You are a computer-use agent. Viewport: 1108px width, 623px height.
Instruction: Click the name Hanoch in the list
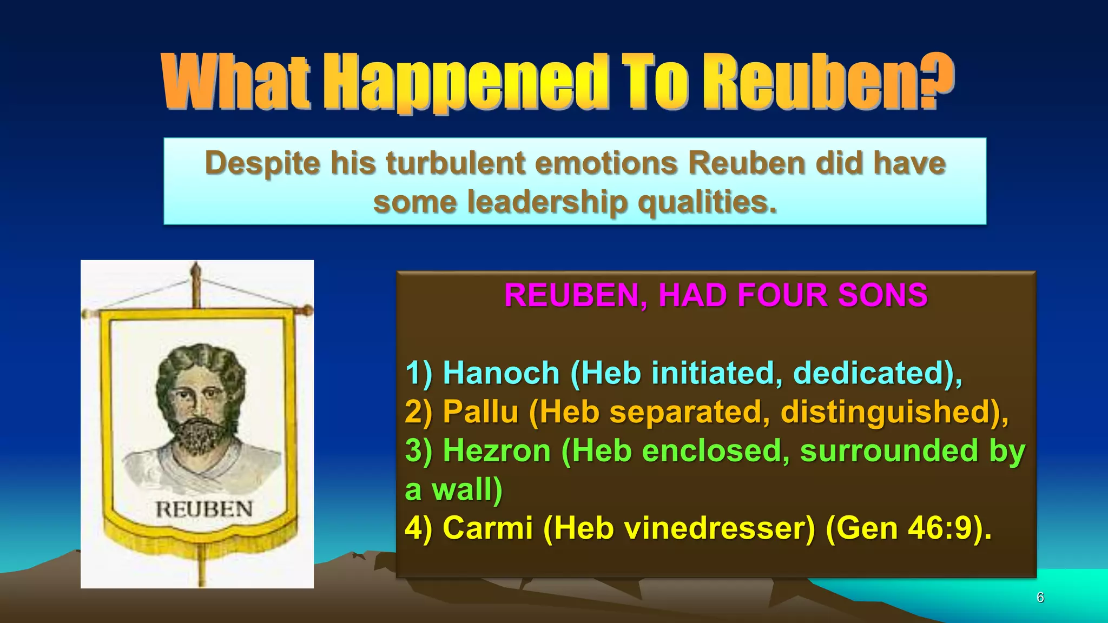[x=501, y=373]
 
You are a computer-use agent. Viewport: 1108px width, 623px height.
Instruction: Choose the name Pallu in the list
[x=480, y=412]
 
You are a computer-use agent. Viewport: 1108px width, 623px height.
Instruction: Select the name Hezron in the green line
[x=497, y=450]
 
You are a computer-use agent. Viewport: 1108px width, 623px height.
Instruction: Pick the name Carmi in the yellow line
[x=487, y=528]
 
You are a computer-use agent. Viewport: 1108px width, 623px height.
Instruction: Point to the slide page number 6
[x=1040, y=597]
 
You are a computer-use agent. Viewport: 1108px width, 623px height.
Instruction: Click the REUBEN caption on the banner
[x=204, y=509]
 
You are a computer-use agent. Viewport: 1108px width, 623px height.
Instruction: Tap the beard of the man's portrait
[x=201, y=435]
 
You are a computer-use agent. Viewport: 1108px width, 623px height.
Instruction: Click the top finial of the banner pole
[x=196, y=269]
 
